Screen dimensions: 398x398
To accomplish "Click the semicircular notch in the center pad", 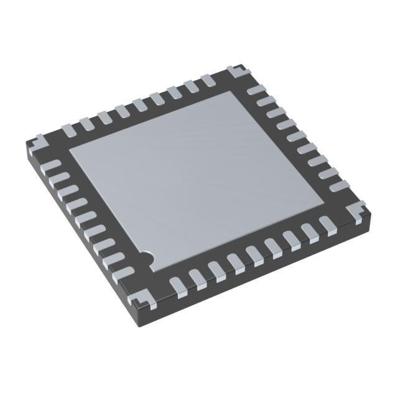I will click(147, 255).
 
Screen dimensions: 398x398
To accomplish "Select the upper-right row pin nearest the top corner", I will click(256, 90).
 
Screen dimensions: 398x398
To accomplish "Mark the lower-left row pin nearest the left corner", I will click(53, 165).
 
